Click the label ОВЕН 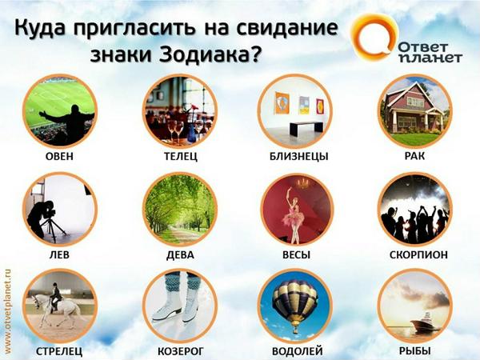(59, 156)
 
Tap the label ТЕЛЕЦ (181, 156)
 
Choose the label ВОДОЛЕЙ (297, 350)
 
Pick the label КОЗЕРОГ (180, 350)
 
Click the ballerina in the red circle (295, 210)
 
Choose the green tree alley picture (180, 210)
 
